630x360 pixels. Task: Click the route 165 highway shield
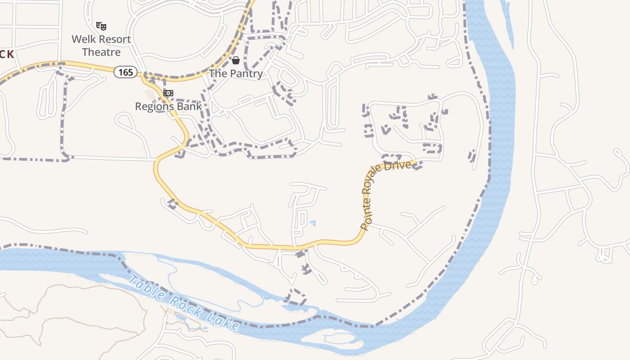coord(126,72)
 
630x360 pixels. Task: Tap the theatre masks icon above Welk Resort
coord(101,26)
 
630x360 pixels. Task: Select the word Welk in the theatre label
coord(84,39)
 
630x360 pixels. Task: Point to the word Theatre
coord(101,52)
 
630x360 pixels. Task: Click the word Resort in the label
coord(114,39)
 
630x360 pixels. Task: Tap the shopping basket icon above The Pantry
coord(236,60)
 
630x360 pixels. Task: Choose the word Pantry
coord(245,73)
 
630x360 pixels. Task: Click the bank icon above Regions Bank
coord(168,93)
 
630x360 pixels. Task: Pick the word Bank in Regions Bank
coord(189,106)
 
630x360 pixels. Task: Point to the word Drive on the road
coord(401,165)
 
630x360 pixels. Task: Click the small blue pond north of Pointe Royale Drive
coord(313,223)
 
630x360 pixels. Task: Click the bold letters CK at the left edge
coord(7,54)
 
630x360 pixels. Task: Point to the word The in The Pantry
coord(218,73)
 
